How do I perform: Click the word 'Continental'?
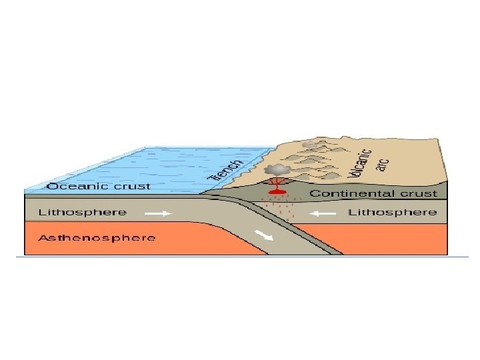(353, 194)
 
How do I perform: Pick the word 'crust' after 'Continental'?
(418, 194)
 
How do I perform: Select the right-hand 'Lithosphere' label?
(393, 213)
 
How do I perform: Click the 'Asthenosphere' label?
(97, 237)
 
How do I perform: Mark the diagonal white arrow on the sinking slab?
(266, 237)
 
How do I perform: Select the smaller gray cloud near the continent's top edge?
(309, 143)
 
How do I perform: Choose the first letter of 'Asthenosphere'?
(43, 237)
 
